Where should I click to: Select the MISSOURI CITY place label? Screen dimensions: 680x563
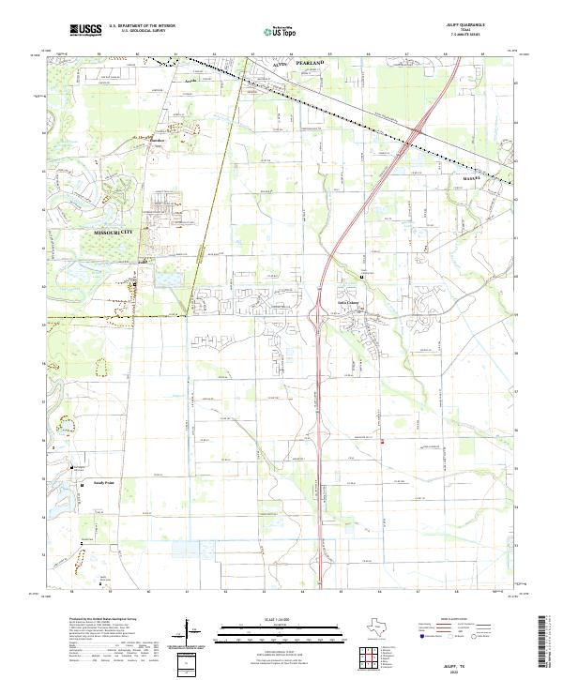(x=114, y=231)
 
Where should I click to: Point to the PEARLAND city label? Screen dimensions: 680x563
(x=311, y=62)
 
